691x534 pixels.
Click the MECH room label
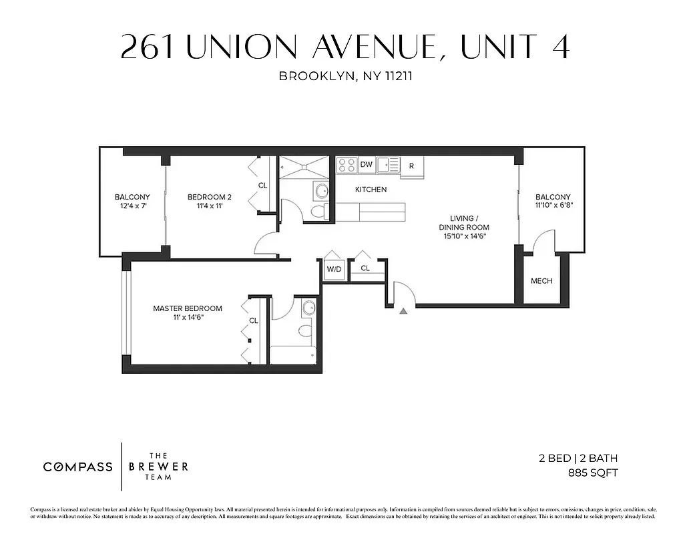541,281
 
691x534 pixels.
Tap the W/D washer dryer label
333,269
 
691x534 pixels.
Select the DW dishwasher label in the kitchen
366,164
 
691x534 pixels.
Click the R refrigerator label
411,166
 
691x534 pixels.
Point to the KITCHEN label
371,190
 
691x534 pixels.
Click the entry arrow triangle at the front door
403,310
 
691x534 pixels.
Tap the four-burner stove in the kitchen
347,164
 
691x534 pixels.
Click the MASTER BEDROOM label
188,308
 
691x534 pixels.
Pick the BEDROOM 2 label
209,197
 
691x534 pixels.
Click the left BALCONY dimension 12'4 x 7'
132,207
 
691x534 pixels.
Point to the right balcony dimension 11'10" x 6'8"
553,206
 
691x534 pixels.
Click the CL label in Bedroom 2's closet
262,186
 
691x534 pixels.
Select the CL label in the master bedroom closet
254,321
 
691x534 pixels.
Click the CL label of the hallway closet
365,268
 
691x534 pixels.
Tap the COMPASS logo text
78,467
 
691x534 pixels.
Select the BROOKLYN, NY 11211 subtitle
345,76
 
